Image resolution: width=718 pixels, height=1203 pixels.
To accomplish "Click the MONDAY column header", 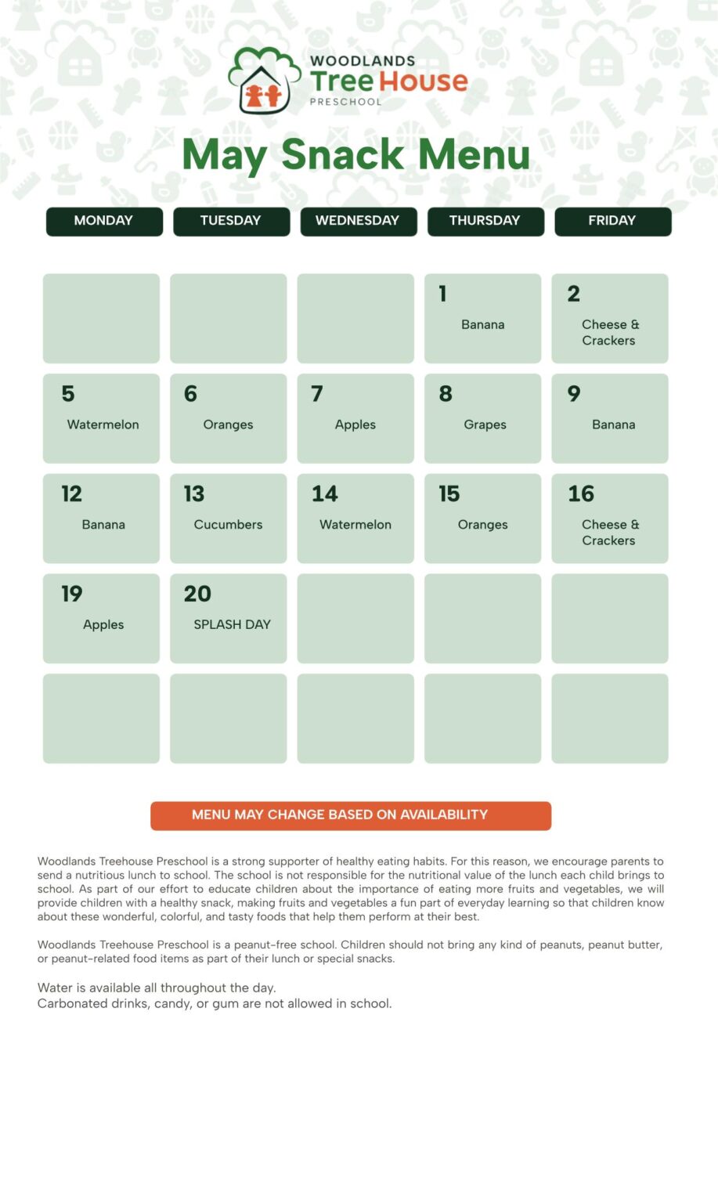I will point(103,221).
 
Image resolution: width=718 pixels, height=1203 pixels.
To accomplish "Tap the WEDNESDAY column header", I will point(357,221).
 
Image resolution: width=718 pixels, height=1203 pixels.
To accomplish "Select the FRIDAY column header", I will point(612,221).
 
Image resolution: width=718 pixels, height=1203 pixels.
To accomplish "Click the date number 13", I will point(194,494).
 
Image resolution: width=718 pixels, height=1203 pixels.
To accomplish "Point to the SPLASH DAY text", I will point(232,624).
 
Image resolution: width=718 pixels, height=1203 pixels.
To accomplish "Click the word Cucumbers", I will point(228,525).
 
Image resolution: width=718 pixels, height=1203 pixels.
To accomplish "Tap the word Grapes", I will point(485,424).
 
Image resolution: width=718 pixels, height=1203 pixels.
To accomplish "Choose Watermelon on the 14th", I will point(355,525).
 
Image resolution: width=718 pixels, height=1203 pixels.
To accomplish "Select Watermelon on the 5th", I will point(103,424).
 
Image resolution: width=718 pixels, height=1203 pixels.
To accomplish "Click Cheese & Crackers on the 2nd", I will point(609,332).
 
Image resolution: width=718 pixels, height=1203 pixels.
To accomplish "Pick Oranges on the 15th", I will point(482,525).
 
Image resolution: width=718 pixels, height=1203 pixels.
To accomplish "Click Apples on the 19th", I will point(103,624).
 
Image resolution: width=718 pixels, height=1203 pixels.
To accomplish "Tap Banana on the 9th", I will point(613,424).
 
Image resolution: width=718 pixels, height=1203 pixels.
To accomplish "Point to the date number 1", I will point(443,294).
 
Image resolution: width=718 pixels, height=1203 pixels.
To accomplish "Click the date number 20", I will point(197,594).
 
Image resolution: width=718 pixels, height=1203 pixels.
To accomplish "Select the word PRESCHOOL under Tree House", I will point(345,102).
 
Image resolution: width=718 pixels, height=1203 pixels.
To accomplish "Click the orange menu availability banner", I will point(351,815).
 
